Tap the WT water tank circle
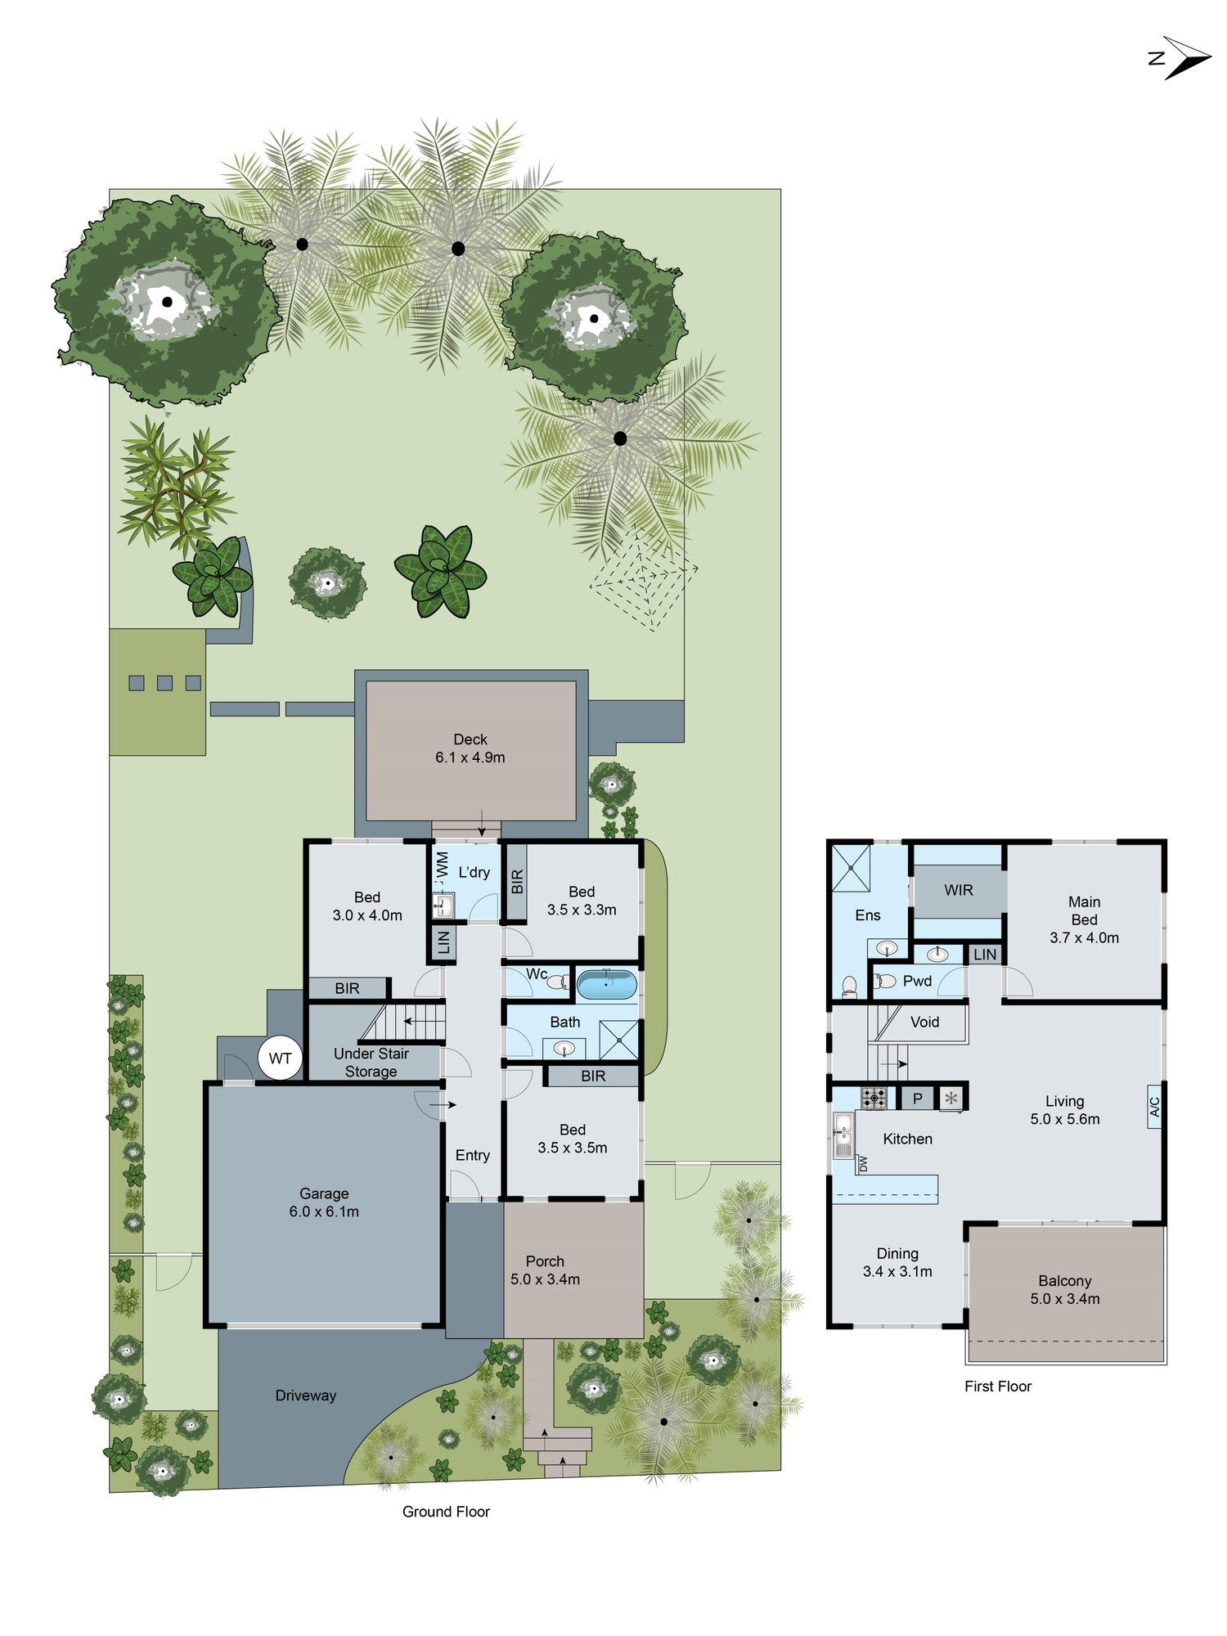pyautogui.click(x=280, y=1058)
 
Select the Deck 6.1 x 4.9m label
pyautogui.click(x=470, y=748)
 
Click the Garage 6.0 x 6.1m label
pyautogui.click(x=324, y=1202)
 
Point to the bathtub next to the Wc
pyautogui.click(x=606, y=984)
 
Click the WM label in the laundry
pyautogui.click(x=443, y=865)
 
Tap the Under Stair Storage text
pyautogui.click(x=371, y=1063)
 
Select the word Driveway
pyautogui.click(x=306, y=1396)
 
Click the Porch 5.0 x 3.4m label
pyautogui.click(x=546, y=1270)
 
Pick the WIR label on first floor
pyautogui.click(x=959, y=890)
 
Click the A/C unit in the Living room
pyautogui.click(x=1155, y=1107)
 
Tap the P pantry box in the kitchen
pyautogui.click(x=918, y=1099)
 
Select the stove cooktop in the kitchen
pyautogui.click(x=874, y=1098)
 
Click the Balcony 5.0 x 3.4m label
pyautogui.click(x=1065, y=1289)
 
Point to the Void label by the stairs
pyautogui.click(x=925, y=1022)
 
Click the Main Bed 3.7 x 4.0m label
pyautogui.click(x=1085, y=919)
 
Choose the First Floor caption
pyautogui.click(x=998, y=1387)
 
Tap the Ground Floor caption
pyautogui.click(x=446, y=1512)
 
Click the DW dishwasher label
pyautogui.click(x=862, y=1163)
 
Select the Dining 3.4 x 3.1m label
pyautogui.click(x=897, y=1262)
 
